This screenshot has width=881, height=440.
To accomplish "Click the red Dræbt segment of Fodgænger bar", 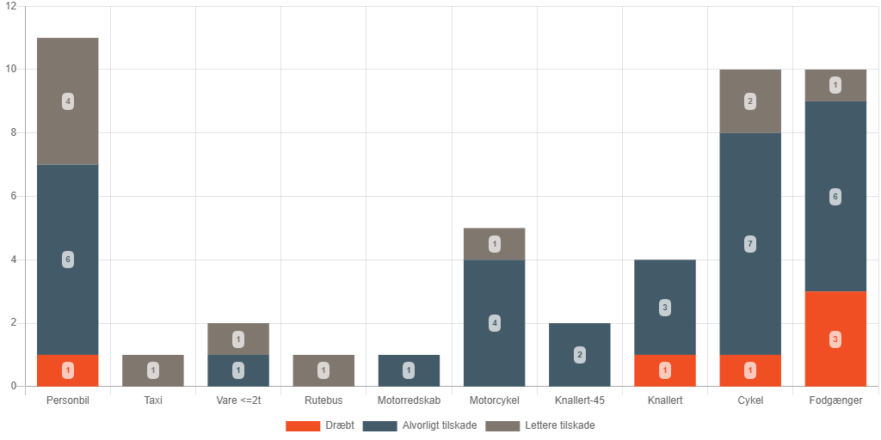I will click(835, 339).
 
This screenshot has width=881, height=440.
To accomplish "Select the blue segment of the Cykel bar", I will click(750, 244).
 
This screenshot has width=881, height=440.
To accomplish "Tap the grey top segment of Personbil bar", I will click(68, 101).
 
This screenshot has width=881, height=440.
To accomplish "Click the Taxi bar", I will click(153, 370).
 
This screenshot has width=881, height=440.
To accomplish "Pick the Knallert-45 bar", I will click(580, 355).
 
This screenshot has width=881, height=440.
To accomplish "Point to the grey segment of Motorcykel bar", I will click(495, 244).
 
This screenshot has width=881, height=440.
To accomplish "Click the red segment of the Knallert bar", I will click(665, 370).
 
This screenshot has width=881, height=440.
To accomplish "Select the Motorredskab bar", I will click(409, 370).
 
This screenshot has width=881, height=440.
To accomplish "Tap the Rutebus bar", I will click(323, 370).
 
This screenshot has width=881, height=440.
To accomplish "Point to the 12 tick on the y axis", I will click(11, 6).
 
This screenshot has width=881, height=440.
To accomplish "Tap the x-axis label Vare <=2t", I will click(238, 400).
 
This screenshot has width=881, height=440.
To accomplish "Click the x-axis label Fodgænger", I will click(835, 400).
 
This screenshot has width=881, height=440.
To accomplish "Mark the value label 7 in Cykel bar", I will click(750, 244).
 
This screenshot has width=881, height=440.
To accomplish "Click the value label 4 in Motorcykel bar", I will click(495, 323).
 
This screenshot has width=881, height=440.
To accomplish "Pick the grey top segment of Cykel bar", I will click(750, 101).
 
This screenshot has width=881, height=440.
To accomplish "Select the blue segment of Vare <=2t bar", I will click(238, 370).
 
